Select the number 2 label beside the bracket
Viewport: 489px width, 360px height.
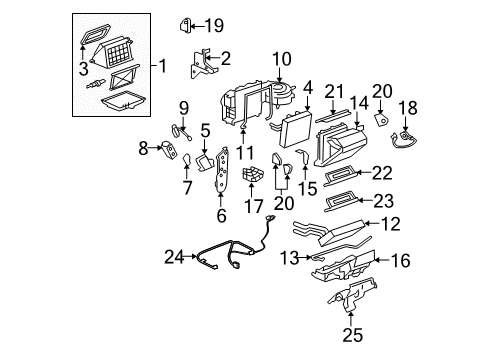[225, 58]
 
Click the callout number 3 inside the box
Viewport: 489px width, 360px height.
[83, 67]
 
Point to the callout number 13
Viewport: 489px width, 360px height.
[287, 259]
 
